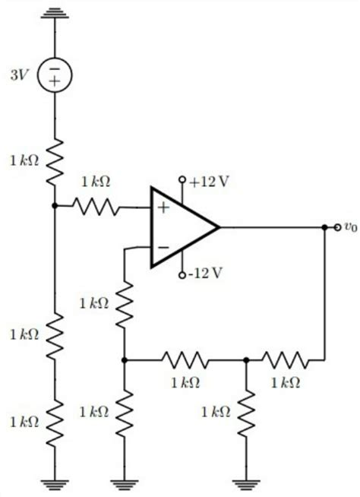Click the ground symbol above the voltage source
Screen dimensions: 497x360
(x=55, y=14)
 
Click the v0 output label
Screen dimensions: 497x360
(x=349, y=226)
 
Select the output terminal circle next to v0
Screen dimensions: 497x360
(x=333, y=226)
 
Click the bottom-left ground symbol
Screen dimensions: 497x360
(x=55, y=480)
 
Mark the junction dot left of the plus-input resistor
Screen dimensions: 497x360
(x=55, y=205)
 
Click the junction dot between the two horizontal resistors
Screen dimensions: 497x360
(x=246, y=359)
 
